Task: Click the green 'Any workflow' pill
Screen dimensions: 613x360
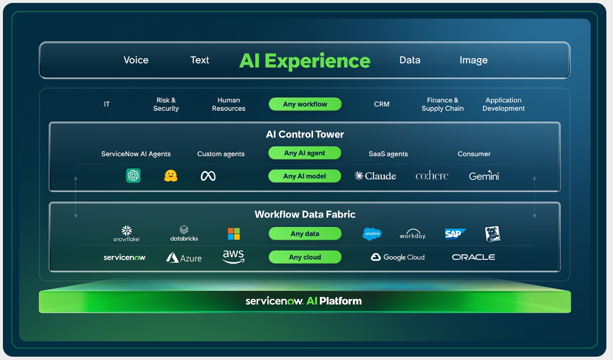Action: pos(305,104)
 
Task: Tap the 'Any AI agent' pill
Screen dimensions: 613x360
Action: pos(305,153)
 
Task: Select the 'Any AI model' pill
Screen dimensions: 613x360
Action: pos(305,176)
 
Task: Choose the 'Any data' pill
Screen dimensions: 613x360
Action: pos(305,234)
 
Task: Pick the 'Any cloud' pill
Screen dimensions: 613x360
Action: pos(305,257)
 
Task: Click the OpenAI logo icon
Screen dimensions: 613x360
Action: pos(133,175)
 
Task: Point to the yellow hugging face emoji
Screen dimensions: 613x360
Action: pos(171,175)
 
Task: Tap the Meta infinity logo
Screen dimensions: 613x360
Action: pos(208,176)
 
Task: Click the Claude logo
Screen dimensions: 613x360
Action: pos(375,176)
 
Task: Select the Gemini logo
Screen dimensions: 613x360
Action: pos(484,175)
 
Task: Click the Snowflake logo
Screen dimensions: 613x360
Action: pos(127,234)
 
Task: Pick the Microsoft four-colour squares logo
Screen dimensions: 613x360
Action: pos(234,234)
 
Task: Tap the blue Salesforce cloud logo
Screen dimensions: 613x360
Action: pos(372,234)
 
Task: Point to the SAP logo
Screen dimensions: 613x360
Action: pos(455,234)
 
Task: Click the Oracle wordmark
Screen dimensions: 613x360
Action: pos(474,257)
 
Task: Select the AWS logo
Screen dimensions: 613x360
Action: pos(233,257)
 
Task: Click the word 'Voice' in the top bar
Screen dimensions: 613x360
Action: pos(136,60)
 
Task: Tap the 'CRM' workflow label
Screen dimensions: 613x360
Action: pos(382,104)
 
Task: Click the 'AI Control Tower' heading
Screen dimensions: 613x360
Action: pos(305,134)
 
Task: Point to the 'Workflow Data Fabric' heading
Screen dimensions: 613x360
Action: pos(305,214)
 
